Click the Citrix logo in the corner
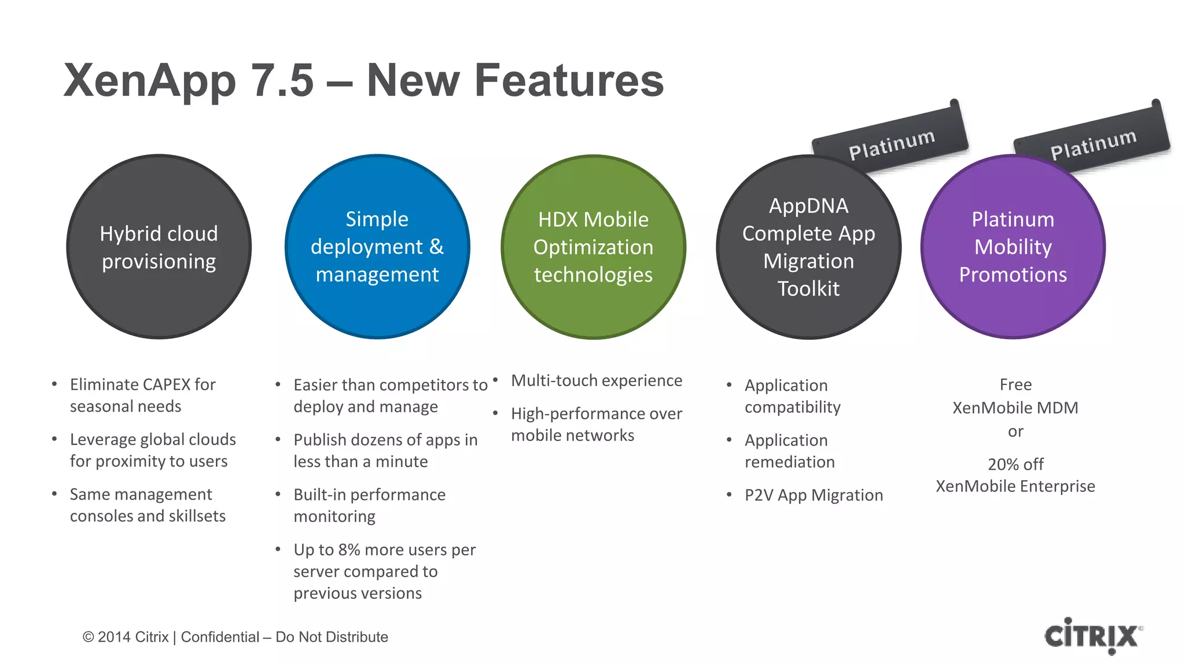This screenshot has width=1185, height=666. [x=1092, y=636]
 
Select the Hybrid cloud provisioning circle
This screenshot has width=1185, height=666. [x=159, y=247]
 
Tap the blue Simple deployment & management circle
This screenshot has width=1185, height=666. [x=377, y=247]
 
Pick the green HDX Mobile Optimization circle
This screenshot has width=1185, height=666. [x=593, y=247]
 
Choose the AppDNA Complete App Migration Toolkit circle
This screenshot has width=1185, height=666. [x=808, y=247]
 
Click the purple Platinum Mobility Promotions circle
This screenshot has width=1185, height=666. [x=1013, y=247]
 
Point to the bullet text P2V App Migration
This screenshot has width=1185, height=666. [x=814, y=495]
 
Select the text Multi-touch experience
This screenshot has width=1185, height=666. [x=597, y=380]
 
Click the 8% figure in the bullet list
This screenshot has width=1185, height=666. [x=349, y=550]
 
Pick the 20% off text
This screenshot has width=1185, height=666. [x=1015, y=464]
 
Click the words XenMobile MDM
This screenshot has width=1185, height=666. [x=1015, y=408]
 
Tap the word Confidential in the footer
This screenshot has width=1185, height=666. [x=220, y=637]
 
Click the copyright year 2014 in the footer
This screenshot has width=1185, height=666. [x=114, y=637]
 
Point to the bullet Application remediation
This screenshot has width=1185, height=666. [x=789, y=451]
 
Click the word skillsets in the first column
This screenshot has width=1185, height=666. [x=197, y=516]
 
